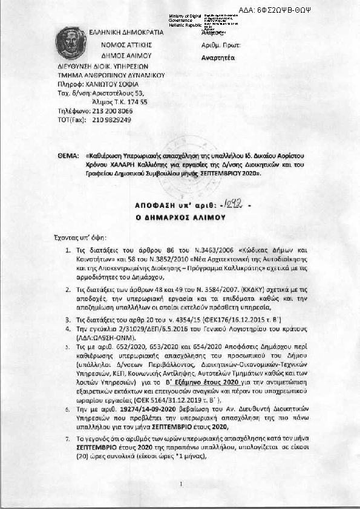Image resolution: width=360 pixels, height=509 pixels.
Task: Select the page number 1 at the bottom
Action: (x=180, y=484)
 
